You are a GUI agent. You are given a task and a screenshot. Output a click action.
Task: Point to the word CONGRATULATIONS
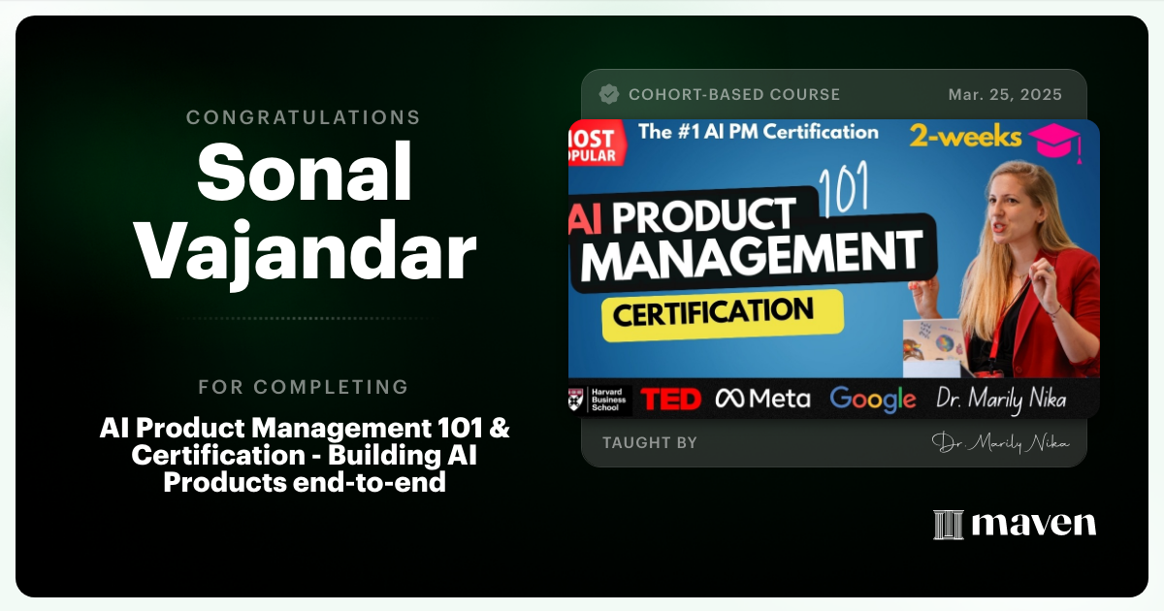(304, 117)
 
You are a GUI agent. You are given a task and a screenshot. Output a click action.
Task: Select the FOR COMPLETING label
(304, 387)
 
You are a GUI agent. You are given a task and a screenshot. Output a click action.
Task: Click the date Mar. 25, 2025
(1005, 95)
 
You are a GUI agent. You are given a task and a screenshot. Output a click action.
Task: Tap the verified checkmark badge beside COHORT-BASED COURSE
(609, 94)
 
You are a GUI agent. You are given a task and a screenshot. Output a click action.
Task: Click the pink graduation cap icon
(1056, 143)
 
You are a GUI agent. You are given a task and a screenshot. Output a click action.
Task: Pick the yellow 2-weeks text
(965, 136)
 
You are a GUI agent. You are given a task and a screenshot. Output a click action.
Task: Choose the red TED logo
(671, 399)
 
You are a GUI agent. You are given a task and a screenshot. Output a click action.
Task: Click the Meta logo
(762, 399)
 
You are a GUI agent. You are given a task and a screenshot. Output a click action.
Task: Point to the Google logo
(872, 399)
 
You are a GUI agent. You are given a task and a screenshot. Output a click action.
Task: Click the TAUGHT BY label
(649, 443)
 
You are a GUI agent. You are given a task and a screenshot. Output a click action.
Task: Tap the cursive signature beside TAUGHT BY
(1000, 443)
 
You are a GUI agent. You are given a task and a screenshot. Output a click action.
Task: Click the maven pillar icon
(948, 525)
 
